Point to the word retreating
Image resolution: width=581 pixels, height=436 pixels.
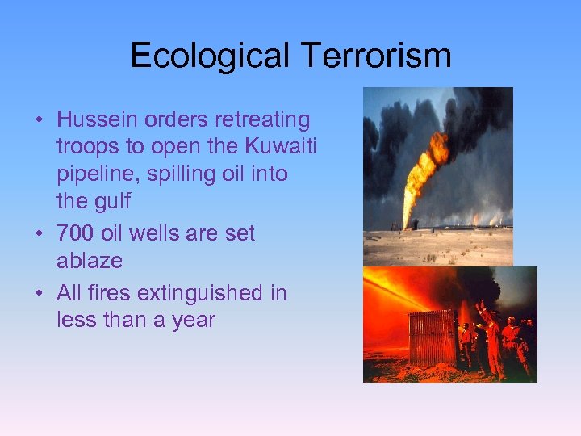coord(262,119)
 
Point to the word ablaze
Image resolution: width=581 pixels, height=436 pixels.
coord(90,261)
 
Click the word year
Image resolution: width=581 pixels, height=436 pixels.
coord(194,320)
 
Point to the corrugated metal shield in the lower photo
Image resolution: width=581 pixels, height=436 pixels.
coord(432,337)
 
